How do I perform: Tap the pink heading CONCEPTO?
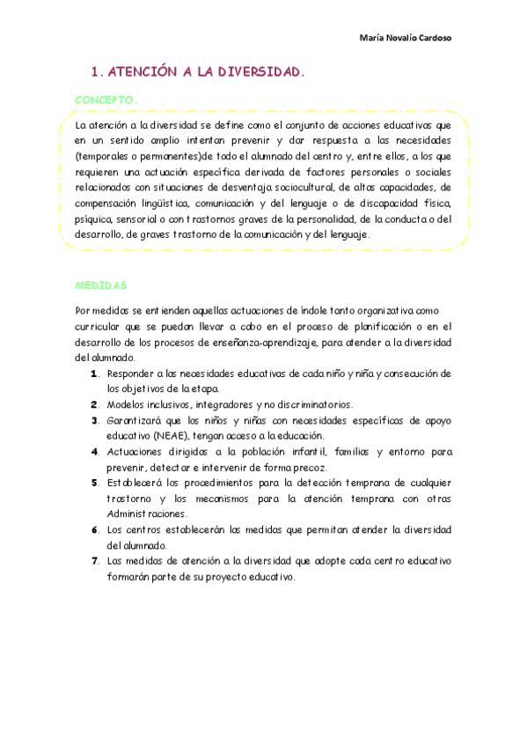tap(106, 100)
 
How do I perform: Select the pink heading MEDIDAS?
tap(100, 285)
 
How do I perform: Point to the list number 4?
tap(94, 451)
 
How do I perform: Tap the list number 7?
tap(94, 560)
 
